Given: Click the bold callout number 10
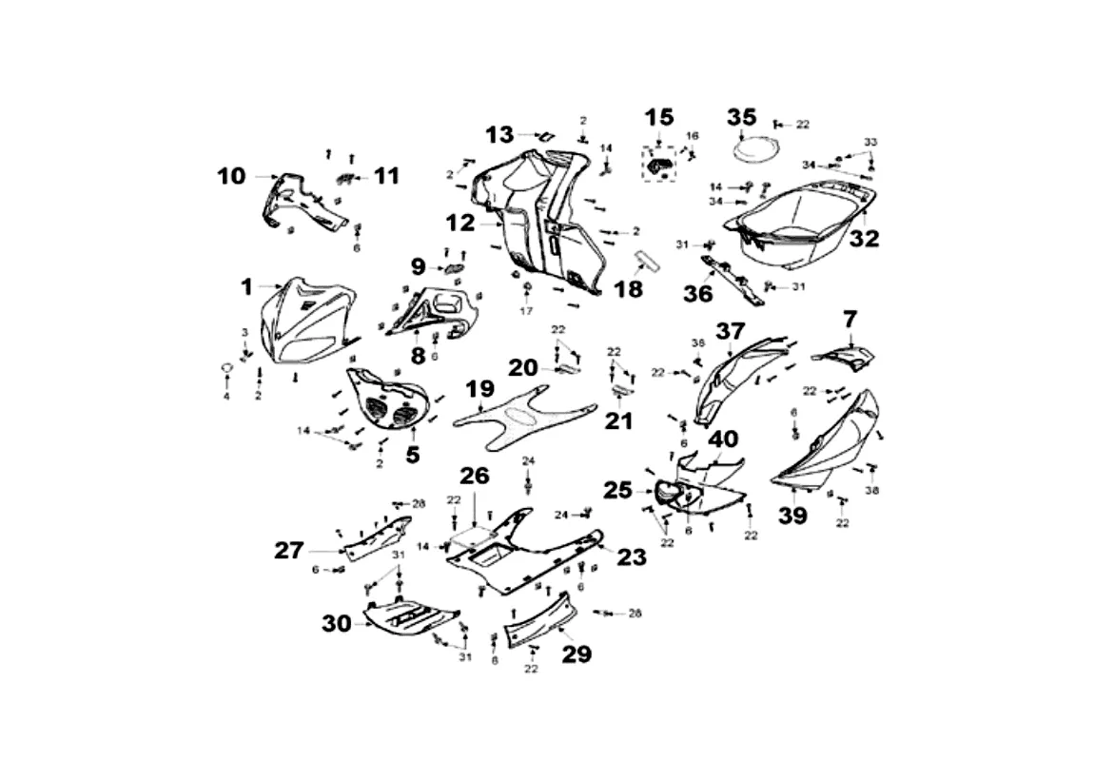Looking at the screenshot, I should point(230,176).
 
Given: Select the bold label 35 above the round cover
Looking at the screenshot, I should point(742,117).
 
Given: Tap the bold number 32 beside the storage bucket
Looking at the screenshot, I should point(865,239).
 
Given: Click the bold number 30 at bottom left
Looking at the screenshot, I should point(337,624).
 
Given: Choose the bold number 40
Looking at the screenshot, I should point(722,439).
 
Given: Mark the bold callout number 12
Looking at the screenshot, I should point(460,224).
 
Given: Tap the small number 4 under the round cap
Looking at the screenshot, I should point(226,396).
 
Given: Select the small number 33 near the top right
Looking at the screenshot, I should point(870,142).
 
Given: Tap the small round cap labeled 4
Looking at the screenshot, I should point(227,367).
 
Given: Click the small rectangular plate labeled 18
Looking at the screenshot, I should point(650,258).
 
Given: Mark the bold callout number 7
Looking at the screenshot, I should point(850,319).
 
